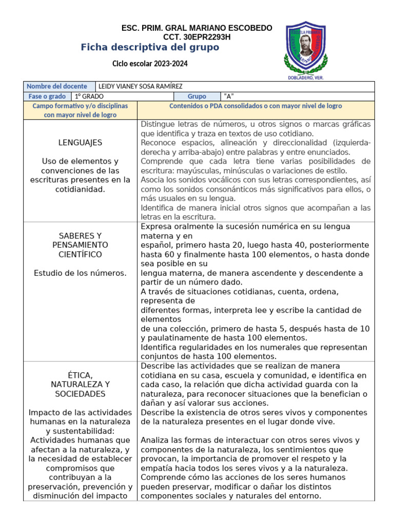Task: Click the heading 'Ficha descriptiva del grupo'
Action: [x=150, y=48]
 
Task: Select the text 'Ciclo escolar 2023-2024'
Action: [x=150, y=64]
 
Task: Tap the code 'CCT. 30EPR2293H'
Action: [x=197, y=37]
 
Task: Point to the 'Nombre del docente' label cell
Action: [x=57, y=86]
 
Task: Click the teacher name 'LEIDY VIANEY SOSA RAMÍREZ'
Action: [x=140, y=86]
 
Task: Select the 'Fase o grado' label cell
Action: [x=47, y=96]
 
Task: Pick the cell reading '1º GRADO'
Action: [x=89, y=96]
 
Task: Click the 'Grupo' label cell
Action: [x=197, y=96]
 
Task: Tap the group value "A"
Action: [x=229, y=96]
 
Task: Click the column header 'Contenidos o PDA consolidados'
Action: [x=255, y=106]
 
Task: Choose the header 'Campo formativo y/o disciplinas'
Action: [x=80, y=106]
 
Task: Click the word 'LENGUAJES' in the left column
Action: [x=80, y=143]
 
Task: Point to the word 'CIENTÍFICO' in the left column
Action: [x=80, y=254]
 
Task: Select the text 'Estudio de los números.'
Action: [x=80, y=273]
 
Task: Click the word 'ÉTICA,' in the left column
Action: [x=80, y=375]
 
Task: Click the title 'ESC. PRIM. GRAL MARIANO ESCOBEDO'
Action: [x=197, y=28]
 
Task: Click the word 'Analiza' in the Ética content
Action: [x=155, y=440]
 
